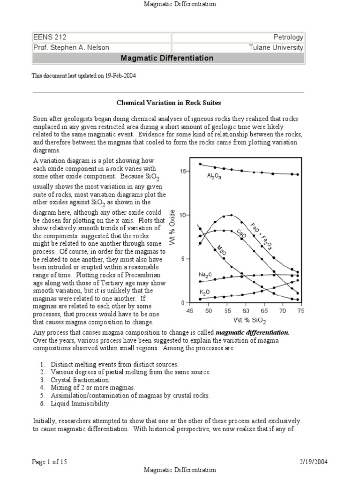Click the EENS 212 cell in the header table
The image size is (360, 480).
pyautogui.click(x=47, y=37)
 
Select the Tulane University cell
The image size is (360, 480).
pyautogui.click(x=277, y=47)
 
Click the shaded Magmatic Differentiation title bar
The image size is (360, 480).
pyautogui.click(x=167, y=59)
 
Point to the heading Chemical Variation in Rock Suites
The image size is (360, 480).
pyautogui.click(x=168, y=102)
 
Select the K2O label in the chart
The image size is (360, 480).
pyautogui.click(x=204, y=291)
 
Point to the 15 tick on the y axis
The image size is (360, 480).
pyautogui.click(x=183, y=172)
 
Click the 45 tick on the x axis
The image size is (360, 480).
pyautogui.click(x=190, y=310)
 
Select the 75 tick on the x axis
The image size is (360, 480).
pyautogui.click(x=300, y=310)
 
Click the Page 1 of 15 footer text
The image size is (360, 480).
pyautogui.click(x=50, y=462)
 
